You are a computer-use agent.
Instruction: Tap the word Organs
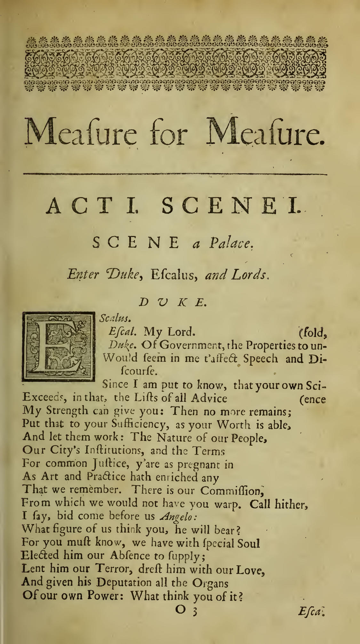click(210, 583)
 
